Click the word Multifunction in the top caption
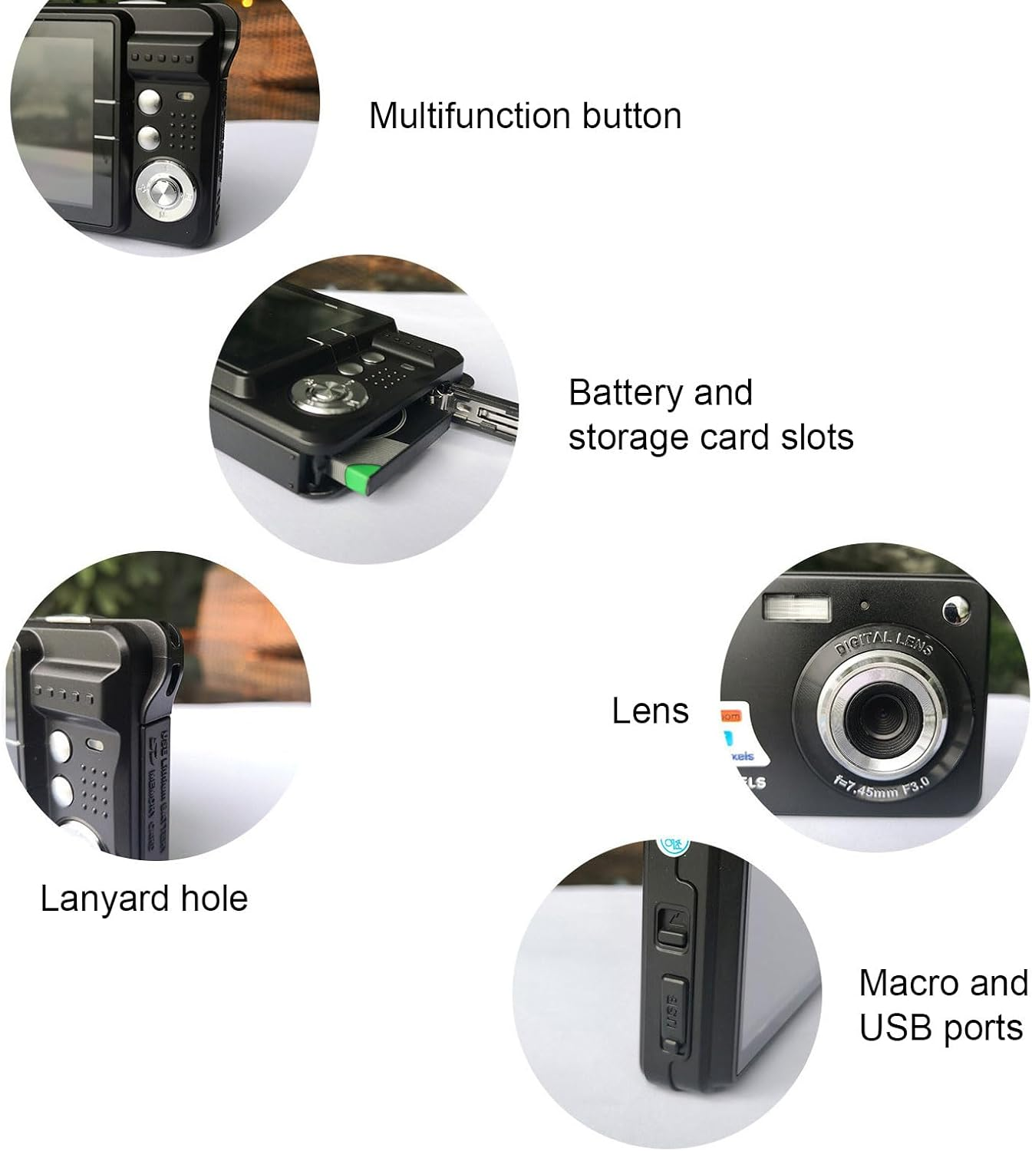[x=470, y=116]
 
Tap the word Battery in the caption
[x=626, y=393]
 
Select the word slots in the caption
[x=817, y=437]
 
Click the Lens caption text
[x=650, y=711]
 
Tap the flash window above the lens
[x=797, y=608]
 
